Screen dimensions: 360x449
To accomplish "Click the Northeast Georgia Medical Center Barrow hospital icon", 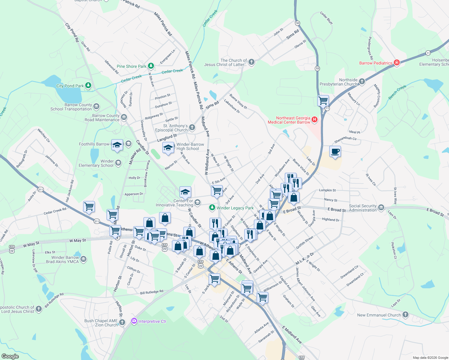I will click(x=314, y=120).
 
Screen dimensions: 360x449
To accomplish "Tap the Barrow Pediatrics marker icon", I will click(x=397, y=63).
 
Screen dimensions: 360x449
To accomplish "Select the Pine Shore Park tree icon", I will click(x=151, y=66).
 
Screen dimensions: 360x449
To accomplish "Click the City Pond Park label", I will click(x=70, y=86).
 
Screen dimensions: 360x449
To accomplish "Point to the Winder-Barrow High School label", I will click(x=190, y=146).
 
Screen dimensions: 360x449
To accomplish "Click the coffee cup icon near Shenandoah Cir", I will click(x=335, y=152).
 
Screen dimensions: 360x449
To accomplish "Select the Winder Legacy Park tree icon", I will click(x=212, y=208).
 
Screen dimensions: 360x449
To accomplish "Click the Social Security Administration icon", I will click(x=381, y=208).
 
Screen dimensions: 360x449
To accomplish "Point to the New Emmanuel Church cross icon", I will click(x=405, y=315).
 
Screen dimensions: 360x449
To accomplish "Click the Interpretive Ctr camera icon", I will click(x=134, y=321).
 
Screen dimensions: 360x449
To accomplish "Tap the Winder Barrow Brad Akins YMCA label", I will click(x=65, y=259).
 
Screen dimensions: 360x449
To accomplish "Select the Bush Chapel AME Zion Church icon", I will click(x=122, y=322).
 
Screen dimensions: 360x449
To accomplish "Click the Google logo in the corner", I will click(x=10, y=356).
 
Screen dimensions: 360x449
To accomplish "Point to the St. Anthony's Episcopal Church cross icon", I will click(x=192, y=128).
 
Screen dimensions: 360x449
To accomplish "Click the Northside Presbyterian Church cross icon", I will click(x=362, y=82).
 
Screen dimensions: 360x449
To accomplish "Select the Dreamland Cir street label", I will click(x=349, y=272).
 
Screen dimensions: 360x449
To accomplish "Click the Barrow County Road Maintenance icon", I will click(x=124, y=117).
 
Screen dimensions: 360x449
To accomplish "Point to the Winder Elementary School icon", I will click(x=118, y=163).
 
